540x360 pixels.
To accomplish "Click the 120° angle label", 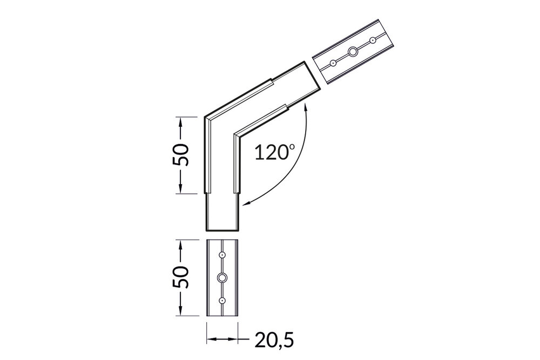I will click(x=275, y=153).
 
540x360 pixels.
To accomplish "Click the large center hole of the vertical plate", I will click(x=222, y=277).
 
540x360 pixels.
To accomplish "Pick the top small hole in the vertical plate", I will click(x=222, y=254).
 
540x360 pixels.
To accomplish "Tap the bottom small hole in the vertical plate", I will click(x=222, y=300).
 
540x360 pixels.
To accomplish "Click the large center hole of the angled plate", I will click(x=353, y=52).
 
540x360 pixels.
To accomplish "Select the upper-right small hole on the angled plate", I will click(x=372, y=40).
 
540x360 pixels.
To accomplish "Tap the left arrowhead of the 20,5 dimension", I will click(x=210, y=339).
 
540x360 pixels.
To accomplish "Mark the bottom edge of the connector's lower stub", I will click(x=222, y=228).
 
